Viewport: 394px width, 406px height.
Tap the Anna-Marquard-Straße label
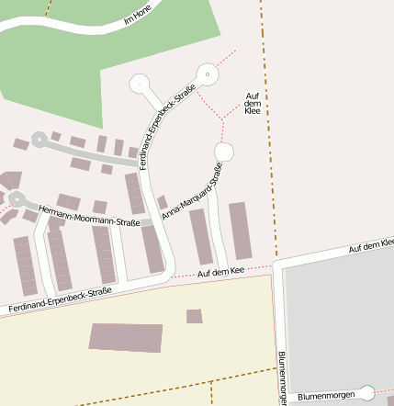(x=192, y=191)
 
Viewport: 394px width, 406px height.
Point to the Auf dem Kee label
(x=220, y=272)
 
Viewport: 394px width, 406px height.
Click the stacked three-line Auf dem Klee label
(x=253, y=103)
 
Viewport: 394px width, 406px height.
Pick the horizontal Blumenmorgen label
(x=326, y=394)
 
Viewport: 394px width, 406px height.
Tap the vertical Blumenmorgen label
(x=282, y=378)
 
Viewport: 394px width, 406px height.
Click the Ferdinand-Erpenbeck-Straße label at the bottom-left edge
(x=60, y=300)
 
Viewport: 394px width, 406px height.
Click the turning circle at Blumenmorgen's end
(x=366, y=393)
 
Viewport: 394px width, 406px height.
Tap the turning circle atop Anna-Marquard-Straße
(x=224, y=151)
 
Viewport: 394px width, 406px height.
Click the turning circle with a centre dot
(x=208, y=73)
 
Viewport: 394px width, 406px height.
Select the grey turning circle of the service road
(x=39, y=139)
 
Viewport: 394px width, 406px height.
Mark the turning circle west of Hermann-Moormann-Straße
(x=17, y=197)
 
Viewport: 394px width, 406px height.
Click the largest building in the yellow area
(x=126, y=336)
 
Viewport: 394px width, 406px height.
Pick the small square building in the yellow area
(x=194, y=316)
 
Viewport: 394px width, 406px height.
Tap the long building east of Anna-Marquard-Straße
(x=240, y=231)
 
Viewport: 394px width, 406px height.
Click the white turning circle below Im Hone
(x=141, y=84)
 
